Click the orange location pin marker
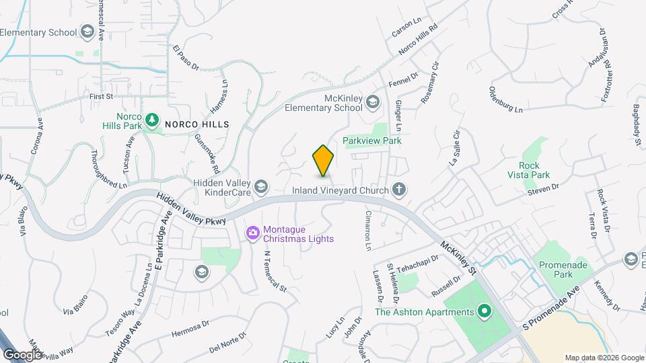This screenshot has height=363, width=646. [323, 160]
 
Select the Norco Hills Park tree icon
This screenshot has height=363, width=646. [153, 120]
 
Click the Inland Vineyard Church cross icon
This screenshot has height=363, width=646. [399, 190]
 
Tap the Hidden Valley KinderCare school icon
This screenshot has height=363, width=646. [261, 187]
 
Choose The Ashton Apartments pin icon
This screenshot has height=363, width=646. [484, 311]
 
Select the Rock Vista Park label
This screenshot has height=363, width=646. [534, 170]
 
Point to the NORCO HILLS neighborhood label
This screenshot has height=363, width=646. [197, 124]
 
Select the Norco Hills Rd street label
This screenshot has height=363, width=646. [418, 38]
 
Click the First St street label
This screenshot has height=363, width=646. [101, 97]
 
